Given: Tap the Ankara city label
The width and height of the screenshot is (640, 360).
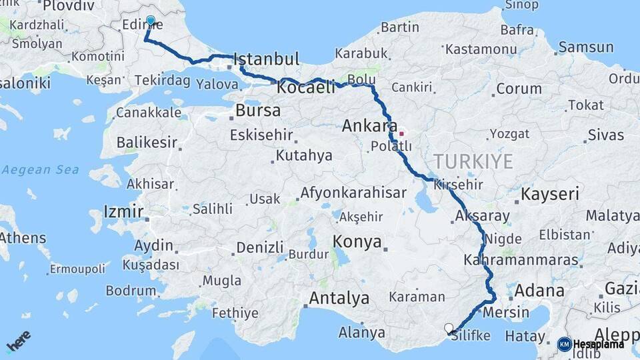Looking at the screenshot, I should coord(369,125).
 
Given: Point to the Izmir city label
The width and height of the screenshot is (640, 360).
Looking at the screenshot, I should coord(123,213).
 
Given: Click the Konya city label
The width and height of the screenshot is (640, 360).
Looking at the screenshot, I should coord(357,241).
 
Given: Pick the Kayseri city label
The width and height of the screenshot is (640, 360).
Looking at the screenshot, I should coord(550,194).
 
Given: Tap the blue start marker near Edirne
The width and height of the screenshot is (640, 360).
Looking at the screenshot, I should coord(151,21).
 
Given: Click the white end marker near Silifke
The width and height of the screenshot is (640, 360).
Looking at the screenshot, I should coord(449,328).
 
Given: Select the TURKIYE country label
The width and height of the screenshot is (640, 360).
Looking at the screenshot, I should coord(473,161).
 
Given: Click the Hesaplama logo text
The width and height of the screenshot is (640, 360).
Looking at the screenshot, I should coord(599,344).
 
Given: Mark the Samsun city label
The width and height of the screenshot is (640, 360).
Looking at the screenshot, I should coord(586,47).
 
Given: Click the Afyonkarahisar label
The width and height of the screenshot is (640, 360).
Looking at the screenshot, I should coord(353,193).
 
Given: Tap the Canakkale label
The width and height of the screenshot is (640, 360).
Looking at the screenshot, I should coord(148,112).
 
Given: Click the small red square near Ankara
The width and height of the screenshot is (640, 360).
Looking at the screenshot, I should coord(401,133).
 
